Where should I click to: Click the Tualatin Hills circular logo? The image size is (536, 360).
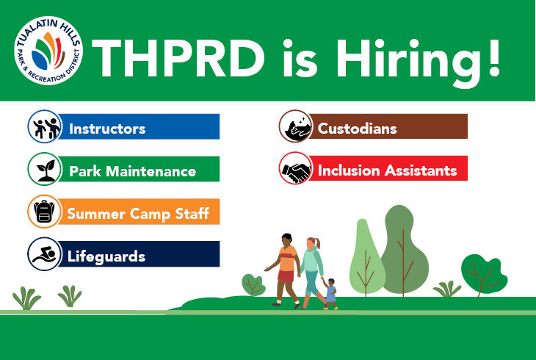point(48,51)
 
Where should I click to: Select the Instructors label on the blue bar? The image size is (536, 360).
point(107,129)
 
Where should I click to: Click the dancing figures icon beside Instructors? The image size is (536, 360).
point(43,126)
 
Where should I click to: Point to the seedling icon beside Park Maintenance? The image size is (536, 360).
point(43,169)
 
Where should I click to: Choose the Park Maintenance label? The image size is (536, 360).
point(132,171)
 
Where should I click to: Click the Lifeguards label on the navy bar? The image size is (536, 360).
point(106,256)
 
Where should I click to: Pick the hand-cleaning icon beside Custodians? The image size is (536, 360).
point(294,126)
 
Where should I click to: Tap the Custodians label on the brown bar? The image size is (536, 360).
point(357,129)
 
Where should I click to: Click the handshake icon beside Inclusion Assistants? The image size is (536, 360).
point(294,169)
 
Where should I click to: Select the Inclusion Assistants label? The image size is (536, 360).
point(387,170)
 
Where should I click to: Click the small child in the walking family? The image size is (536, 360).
point(330,292)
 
